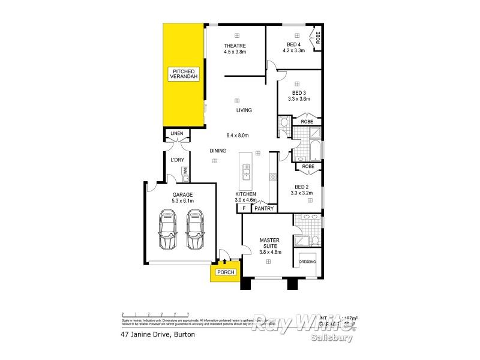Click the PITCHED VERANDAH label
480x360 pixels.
coord(183,74)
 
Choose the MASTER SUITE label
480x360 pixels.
coord(269,244)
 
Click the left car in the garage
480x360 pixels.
coord(168,230)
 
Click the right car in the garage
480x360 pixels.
coord(195,230)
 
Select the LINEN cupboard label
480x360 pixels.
coord(177,133)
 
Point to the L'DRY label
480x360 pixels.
coord(177,160)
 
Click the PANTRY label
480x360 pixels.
coord(264,209)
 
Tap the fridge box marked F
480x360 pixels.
coord(244,209)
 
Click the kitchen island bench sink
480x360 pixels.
coord(246,175)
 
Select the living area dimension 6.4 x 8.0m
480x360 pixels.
coord(237,134)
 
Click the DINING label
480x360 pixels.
coord(218,151)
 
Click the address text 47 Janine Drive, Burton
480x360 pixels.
coord(158,334)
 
